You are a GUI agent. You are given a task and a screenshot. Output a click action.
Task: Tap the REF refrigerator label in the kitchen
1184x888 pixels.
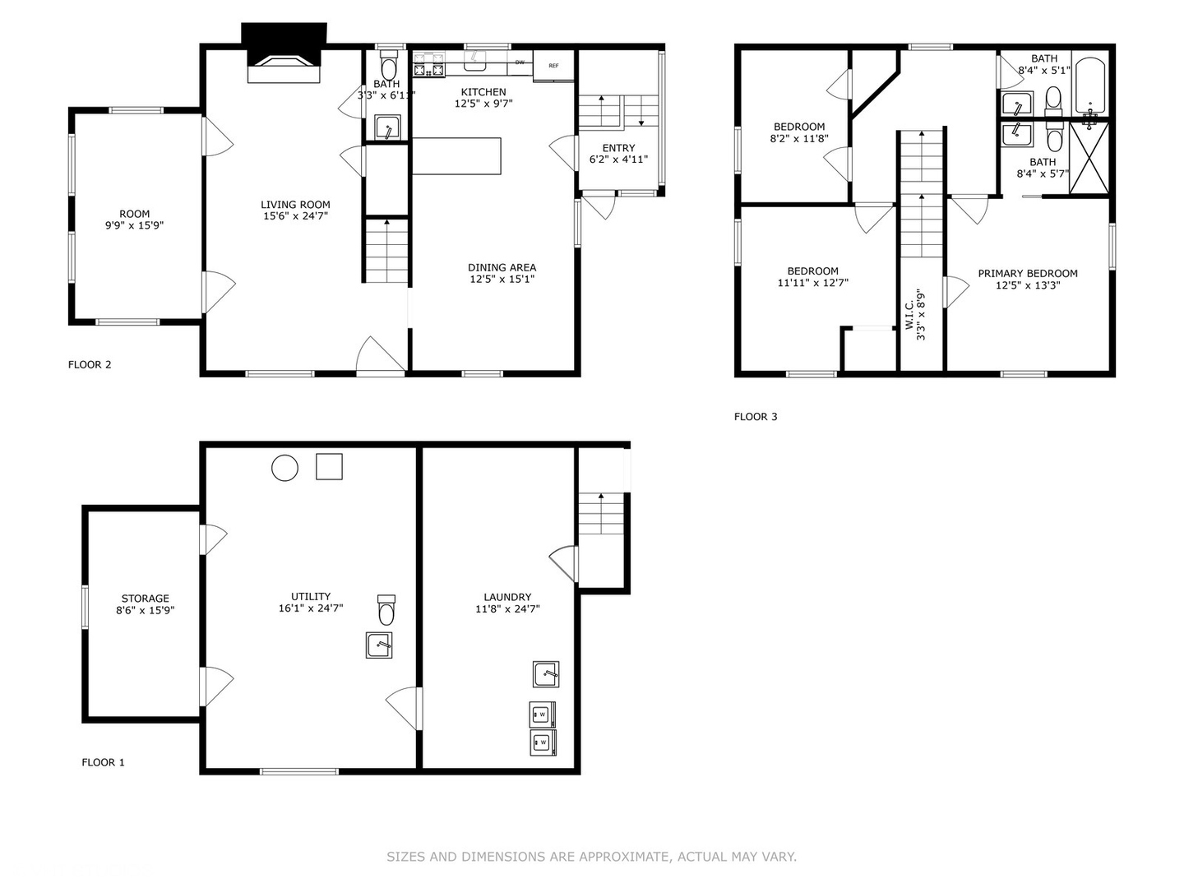coord(553,66)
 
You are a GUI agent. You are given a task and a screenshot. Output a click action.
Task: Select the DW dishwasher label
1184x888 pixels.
coord(520,62)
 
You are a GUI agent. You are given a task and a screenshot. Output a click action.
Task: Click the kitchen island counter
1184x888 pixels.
coord(456,156)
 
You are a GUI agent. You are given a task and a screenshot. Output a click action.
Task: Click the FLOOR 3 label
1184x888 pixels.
coord(756,416)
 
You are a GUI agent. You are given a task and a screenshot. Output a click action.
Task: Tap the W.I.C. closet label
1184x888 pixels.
coord(909,316)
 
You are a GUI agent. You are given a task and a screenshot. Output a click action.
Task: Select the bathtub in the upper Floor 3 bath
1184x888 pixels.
coord(1090,86)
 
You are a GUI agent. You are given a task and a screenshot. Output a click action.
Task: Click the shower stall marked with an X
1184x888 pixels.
coord(1089,157)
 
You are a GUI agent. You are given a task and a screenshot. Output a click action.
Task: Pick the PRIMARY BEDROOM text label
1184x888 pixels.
coord(1028,273)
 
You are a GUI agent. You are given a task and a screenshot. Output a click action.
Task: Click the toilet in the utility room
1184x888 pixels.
coord(386,610)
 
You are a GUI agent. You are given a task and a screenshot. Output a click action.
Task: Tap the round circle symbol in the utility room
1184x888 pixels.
coord(284,468)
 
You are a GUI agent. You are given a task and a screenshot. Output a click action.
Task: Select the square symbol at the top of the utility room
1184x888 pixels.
coord(329,466)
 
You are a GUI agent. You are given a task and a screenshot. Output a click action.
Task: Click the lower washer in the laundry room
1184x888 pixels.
coord(543,742)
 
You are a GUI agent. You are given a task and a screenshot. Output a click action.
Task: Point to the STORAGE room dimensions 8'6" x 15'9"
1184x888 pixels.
coord(145,610)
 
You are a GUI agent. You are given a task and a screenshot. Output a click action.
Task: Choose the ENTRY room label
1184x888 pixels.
coord(618,148)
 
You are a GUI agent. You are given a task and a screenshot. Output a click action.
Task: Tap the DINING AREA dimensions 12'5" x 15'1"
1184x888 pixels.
coord(502,279)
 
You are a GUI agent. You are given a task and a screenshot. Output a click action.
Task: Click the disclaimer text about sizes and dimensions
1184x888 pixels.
coord(591,857)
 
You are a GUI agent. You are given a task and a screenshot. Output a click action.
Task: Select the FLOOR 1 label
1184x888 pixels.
coord(103,762)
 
